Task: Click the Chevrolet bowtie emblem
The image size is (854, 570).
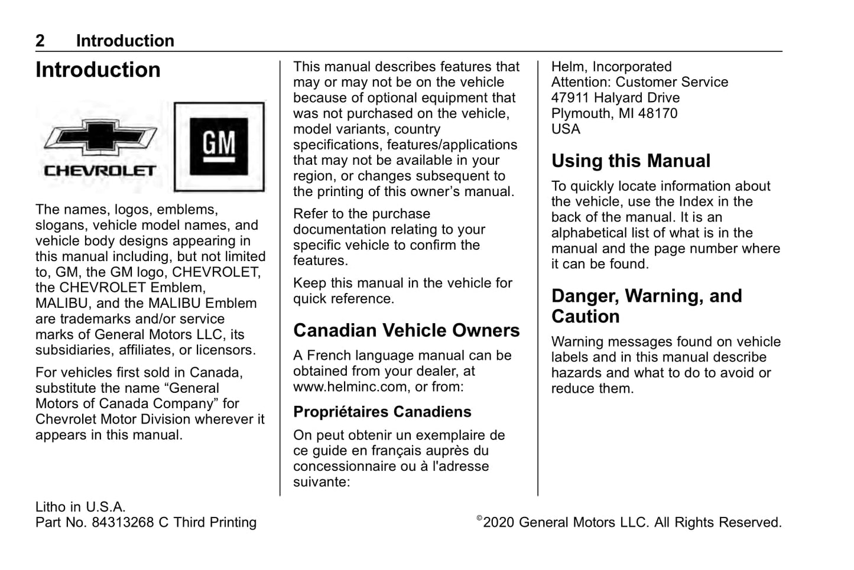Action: pos(100,138)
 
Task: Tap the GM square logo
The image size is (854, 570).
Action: pos(219,146)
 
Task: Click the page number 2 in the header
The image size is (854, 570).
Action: pos(40,41)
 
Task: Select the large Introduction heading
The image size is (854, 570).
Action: pos(98,70)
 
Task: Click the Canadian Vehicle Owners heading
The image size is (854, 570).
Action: pos(406,330)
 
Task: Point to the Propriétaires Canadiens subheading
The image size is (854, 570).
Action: pos(382,412)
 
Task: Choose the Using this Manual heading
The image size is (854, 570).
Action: pos(631,161)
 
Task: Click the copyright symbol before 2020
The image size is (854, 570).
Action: pos(479,519)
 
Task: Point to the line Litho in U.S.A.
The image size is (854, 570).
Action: pos(80,507)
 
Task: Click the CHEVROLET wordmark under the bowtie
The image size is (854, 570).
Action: pos(100,171)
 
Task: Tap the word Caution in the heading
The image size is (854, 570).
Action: pos(585,317)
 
